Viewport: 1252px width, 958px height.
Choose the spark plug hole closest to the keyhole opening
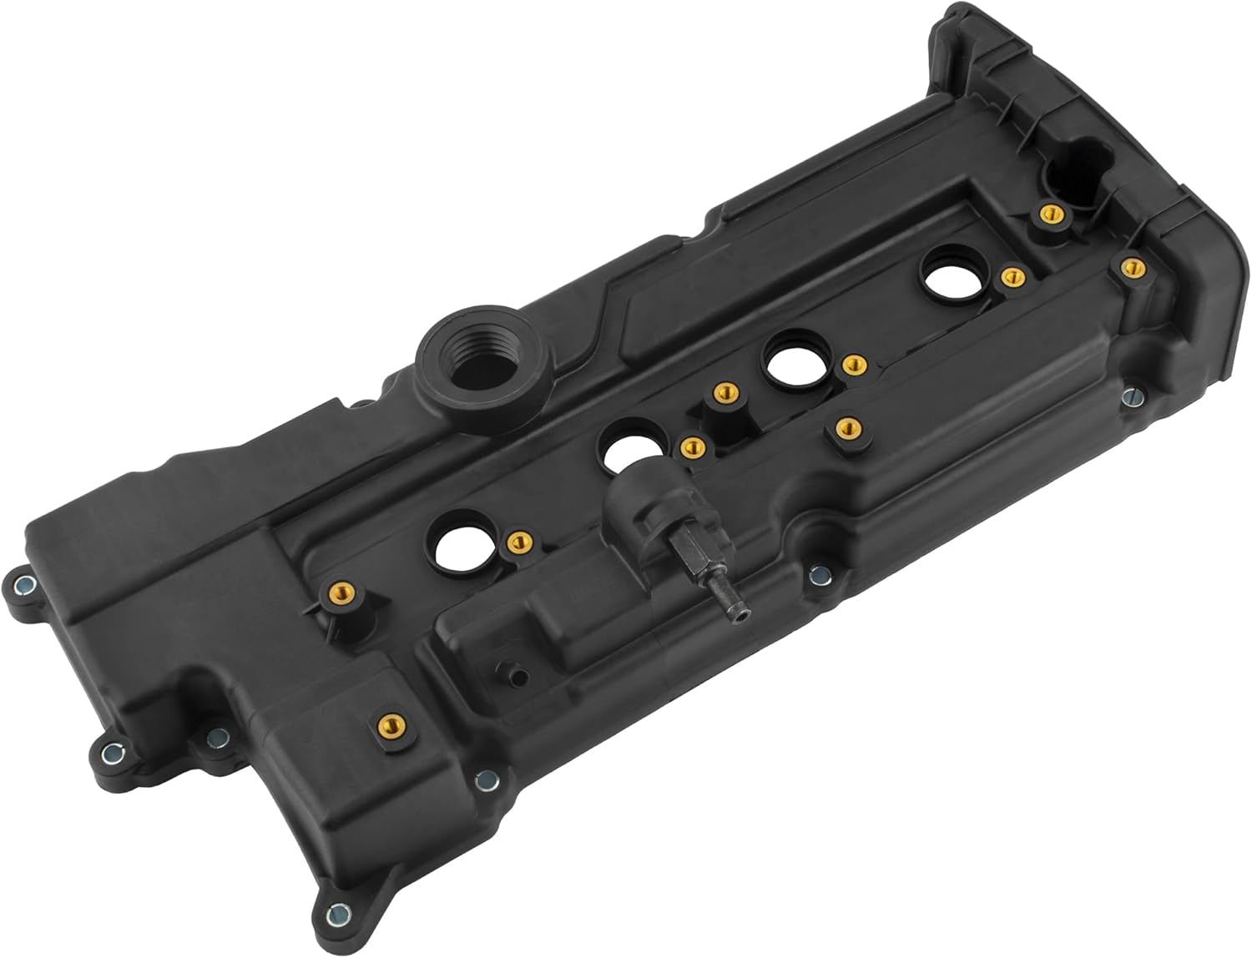pyautogui.click(x=952, y=276)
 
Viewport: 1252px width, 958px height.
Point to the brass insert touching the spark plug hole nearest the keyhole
pyautogui.click(x=1010, y=276)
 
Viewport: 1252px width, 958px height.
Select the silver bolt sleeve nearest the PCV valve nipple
pyautogui.click(x=820, y=573)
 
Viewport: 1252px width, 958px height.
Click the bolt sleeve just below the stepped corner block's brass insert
pyautogui.click(x=482, y=780)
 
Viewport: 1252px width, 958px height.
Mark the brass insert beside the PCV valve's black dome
pyautogui.click(x=689, y=447)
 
